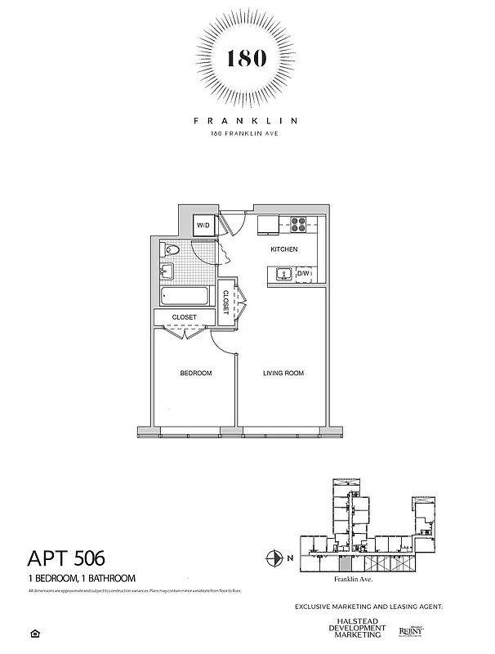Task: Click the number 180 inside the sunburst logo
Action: pos(247,59)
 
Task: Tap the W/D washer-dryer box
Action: pos(203,226)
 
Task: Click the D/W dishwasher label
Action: pos(303,274)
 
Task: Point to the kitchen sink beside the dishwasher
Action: pos(283,274)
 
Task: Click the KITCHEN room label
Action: pos(283,249)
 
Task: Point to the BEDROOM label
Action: pos(195,374)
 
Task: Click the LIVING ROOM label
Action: pos(283,374)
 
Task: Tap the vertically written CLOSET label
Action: pos(226,302)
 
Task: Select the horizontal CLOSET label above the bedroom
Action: pos(184,317)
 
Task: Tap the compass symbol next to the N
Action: pos(274,559)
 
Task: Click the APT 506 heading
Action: pos(66,560)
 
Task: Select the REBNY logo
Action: pos(409,630)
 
